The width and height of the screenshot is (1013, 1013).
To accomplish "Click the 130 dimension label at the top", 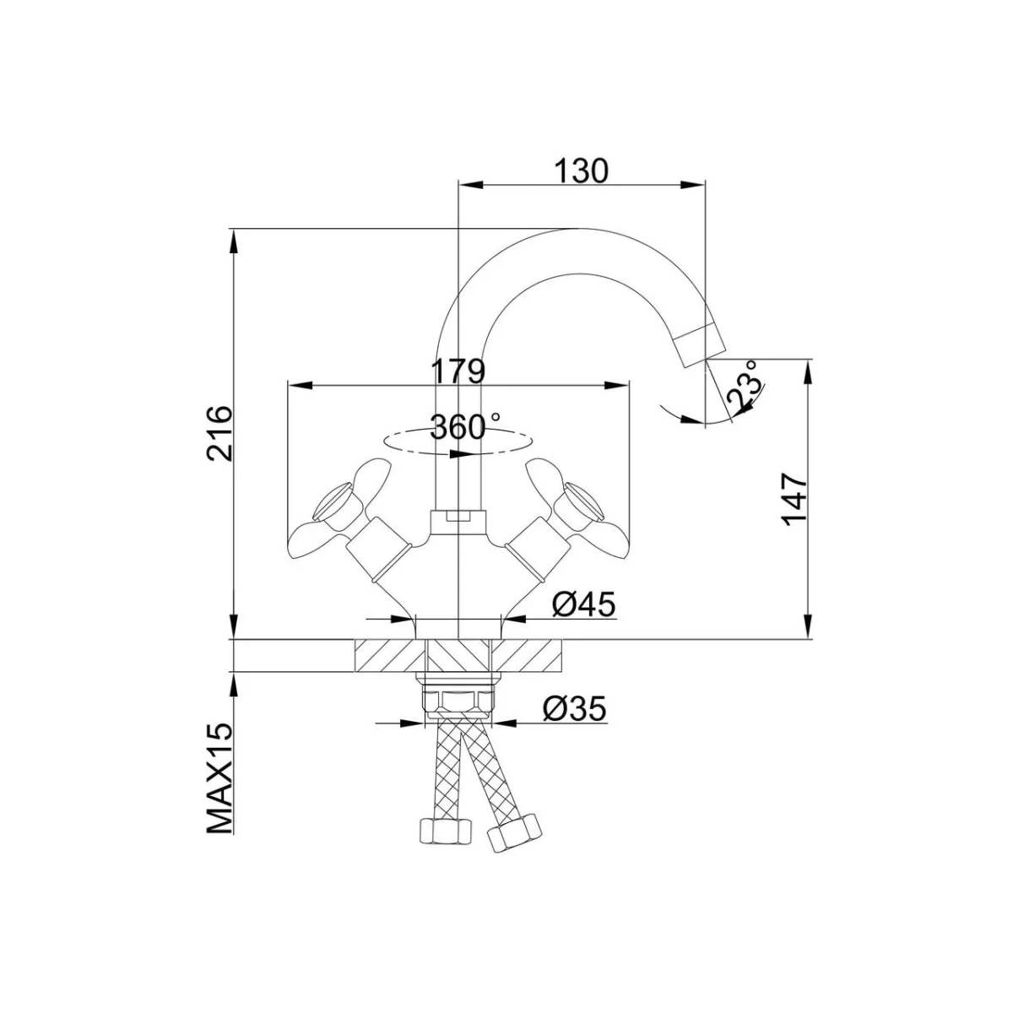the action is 582,171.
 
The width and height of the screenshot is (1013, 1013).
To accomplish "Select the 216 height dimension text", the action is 219,434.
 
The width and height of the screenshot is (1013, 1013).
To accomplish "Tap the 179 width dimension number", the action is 458,371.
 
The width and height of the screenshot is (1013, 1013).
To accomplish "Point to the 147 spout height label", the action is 794,499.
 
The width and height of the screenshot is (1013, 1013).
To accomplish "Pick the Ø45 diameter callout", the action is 583,605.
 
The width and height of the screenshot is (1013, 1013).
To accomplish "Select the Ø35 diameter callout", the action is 575,709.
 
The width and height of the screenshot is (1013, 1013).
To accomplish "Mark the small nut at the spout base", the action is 458,521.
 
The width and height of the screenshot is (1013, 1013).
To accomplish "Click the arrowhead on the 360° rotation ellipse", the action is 461,455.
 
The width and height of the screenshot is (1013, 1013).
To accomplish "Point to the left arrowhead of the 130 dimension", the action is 470,184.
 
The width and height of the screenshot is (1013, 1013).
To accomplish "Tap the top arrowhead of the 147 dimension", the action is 809,371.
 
